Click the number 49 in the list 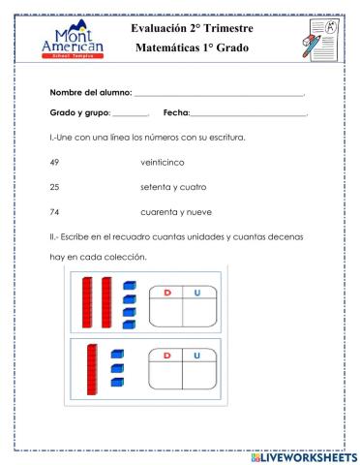(54, 162)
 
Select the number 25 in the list (54, 186)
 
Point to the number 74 (54, 211)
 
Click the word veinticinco (164, 162)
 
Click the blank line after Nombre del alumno (219, 95)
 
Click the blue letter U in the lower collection (197, 356)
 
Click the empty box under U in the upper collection (199, 311)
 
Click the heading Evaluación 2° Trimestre (192, 29)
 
